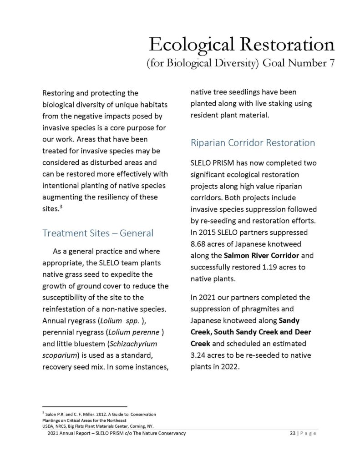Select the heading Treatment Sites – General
(98, 233)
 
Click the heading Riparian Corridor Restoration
(253, 143)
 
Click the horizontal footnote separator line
(84, 406)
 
